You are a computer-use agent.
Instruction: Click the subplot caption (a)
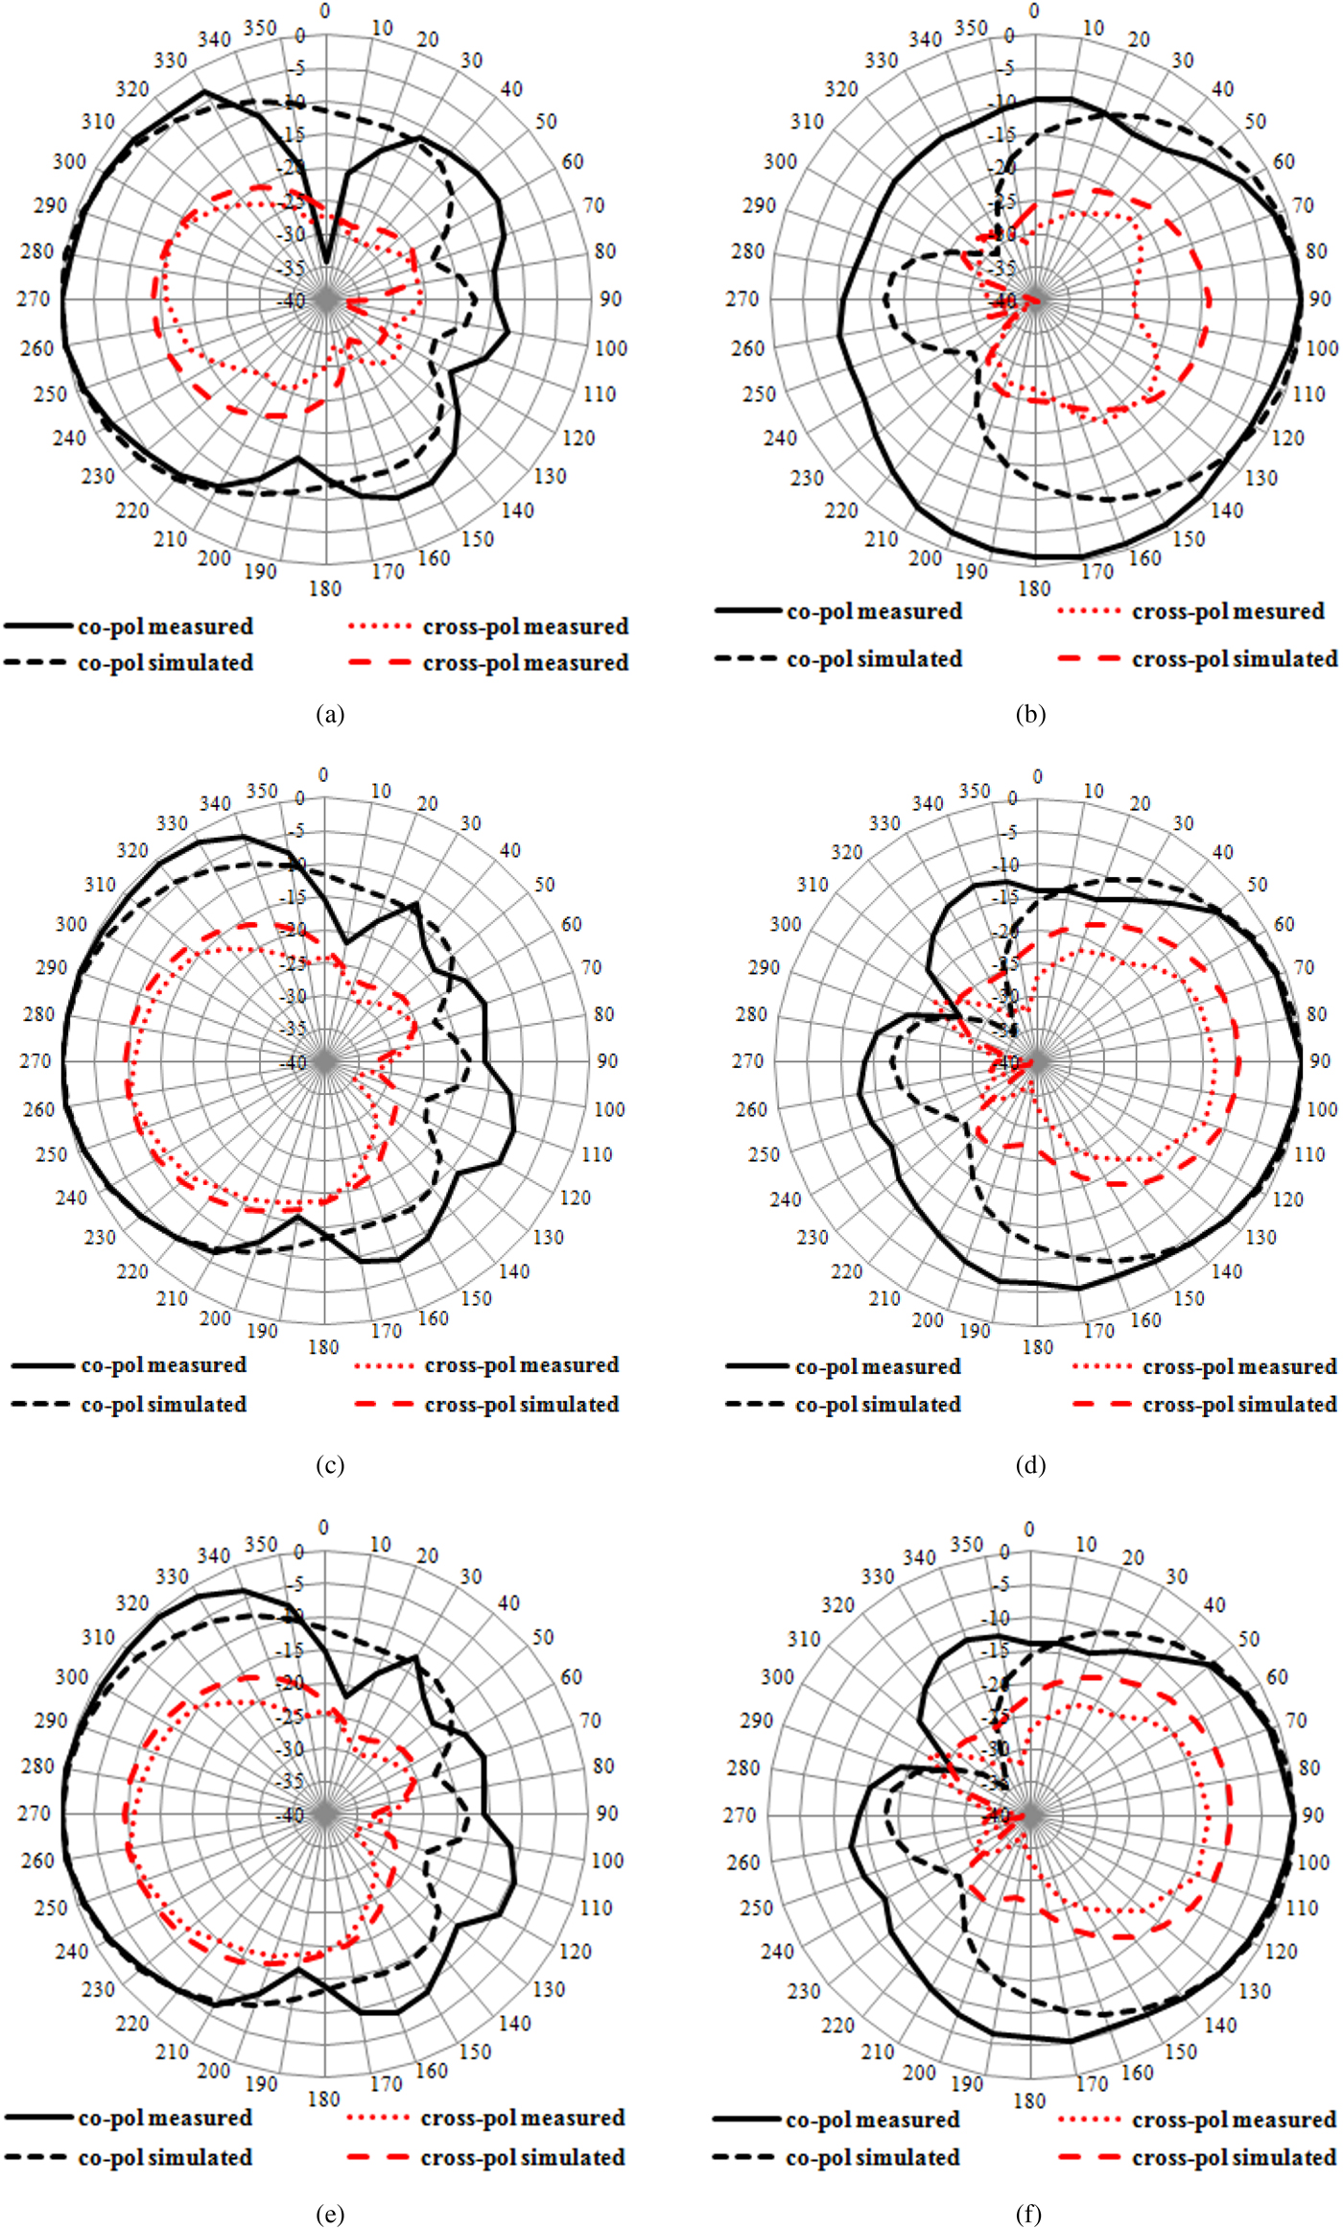329,714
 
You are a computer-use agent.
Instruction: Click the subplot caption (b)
1030,714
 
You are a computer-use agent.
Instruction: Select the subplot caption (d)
1030,1465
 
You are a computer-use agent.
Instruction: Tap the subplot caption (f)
1028,2214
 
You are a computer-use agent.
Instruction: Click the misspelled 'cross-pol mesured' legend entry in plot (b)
1228,611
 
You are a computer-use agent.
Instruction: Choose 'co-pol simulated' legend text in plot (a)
165,663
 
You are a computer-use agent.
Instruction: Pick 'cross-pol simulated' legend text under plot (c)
521,1404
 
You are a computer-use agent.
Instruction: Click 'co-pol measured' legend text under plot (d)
878,1365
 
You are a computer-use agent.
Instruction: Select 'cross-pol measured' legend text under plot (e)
522,2117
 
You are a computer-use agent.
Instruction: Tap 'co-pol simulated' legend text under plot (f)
872,2157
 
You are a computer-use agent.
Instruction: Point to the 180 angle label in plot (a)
325,588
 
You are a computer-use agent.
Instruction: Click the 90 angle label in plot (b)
1320,298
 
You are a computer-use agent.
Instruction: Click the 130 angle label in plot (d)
1261,1237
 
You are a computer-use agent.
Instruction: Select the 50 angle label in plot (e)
544,1636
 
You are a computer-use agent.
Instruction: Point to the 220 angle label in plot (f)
837,2025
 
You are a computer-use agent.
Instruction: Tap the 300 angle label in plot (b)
780,161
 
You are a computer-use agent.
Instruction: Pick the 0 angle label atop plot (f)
1029,1529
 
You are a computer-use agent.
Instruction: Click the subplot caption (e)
329,2214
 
